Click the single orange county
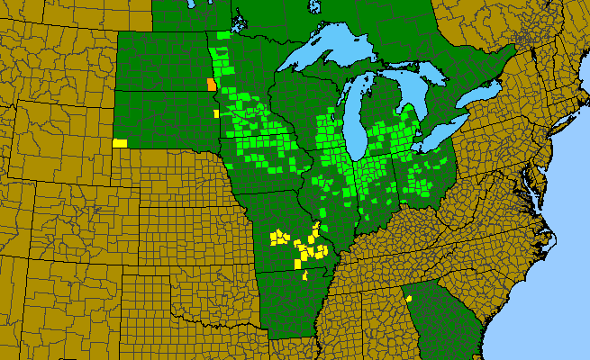pyautogui.click(x=211, y=85)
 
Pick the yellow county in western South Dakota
pyautogui.click(x=120, y=142)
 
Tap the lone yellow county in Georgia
pyautogui.click(x=409, y=298)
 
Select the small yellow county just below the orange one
pyautogui.click(x=215, y=113)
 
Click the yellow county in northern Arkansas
pyautogui.click(x=305, y=274)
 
